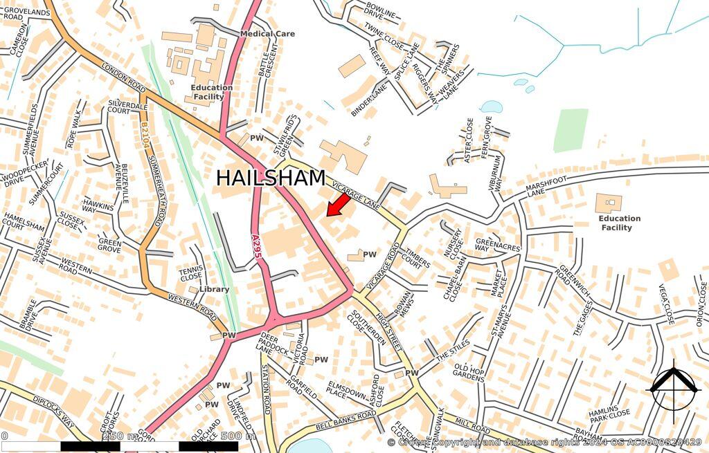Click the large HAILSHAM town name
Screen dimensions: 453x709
point(271,178)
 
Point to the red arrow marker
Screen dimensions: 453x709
point(337,205)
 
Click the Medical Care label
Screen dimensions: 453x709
point(267,33)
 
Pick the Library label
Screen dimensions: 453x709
point(214,289)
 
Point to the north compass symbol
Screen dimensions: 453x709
point(672,388)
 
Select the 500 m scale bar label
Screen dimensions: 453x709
point(237,436)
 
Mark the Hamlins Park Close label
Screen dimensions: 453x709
point(609,414)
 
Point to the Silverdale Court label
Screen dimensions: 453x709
point(128,107)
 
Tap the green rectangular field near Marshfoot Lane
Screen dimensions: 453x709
point(571,129)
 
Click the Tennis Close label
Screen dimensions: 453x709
point(190,273)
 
